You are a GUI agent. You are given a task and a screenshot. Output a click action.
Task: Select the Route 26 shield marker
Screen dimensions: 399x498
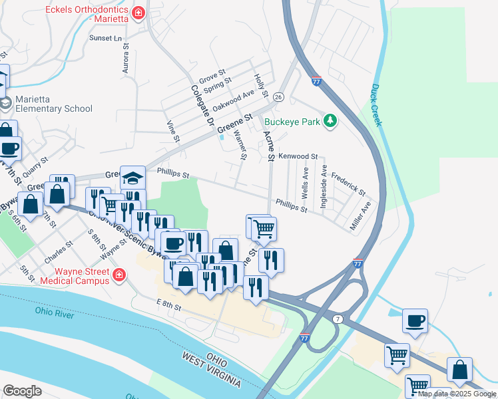(279, 97)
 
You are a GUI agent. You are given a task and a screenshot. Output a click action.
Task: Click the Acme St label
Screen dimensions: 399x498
(268, 146)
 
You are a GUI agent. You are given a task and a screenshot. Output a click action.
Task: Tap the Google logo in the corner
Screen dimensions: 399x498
(23, 390)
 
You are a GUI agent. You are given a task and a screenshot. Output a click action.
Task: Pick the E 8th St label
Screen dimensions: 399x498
(169, 305)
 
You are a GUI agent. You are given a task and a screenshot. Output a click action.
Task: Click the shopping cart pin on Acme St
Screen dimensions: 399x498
(264, 229)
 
